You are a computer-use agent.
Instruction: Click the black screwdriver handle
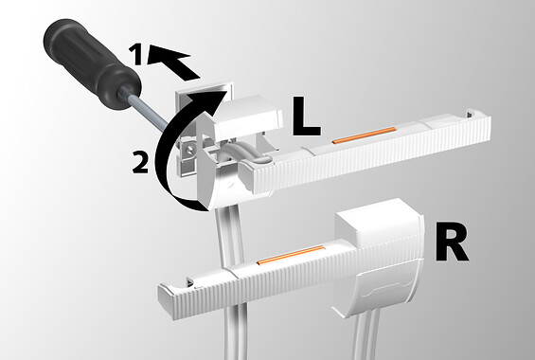point(92,63)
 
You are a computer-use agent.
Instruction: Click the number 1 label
point(137,55)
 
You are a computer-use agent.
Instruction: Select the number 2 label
point(140,163)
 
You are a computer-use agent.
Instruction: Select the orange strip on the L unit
point(364,135)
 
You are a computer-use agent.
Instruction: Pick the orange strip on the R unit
point(290,255)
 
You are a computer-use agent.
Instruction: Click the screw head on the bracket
point(189,149)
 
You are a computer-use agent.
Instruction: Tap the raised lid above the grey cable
point(247,118)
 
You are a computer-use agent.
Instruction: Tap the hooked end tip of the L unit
point(471,114)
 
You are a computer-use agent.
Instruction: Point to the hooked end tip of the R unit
point(189,282)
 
